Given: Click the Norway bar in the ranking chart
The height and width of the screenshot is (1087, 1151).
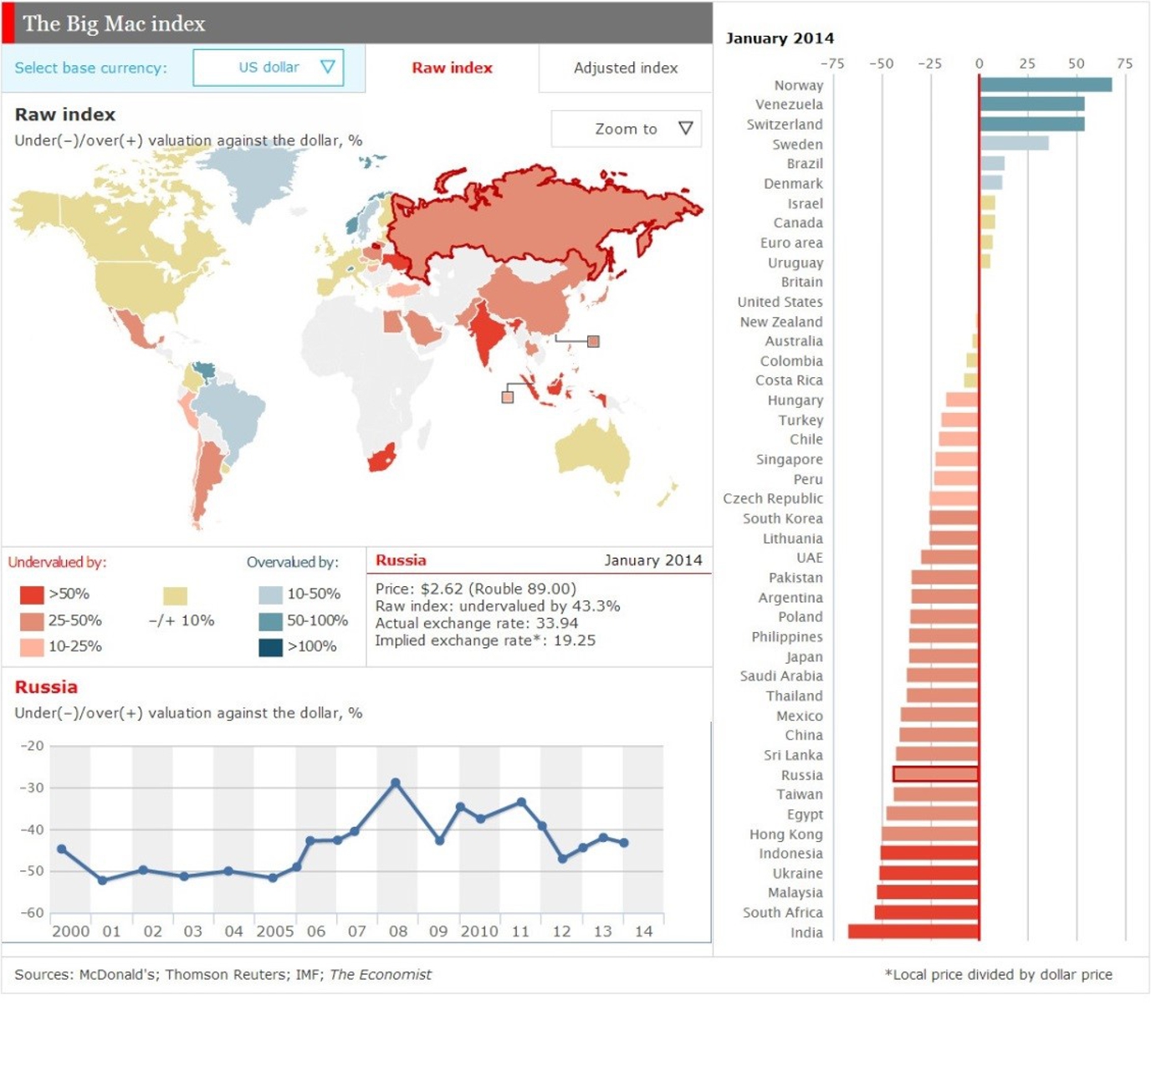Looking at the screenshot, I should (x=1046, y=84).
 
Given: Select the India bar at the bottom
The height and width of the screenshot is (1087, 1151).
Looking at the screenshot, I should (x=913, y=931).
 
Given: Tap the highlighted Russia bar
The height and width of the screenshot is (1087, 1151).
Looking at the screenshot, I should (x=935, y=774).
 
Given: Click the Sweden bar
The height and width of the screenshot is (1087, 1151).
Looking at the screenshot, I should (x=1014, y=144).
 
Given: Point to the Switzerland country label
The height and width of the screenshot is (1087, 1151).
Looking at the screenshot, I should (x=784, y=125).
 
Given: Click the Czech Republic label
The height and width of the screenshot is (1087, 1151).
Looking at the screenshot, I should (x=772, y=498).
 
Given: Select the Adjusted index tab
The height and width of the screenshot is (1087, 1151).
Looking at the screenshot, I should (x=625, y=68).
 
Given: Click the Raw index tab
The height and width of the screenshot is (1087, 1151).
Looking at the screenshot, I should (x=452, y=68).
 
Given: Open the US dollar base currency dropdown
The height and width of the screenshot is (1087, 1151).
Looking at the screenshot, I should (x=269, y=68).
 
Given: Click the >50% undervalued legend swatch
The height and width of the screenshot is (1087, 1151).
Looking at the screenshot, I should (x=32, y=595).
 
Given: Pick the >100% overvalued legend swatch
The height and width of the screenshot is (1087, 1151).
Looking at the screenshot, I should (x=270, y=647).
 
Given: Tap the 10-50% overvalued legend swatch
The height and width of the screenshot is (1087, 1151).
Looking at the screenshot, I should (x=270, y=595).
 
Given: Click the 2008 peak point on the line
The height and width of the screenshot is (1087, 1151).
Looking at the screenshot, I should (x=396, y=783).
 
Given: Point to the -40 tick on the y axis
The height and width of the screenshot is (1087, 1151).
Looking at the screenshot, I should (x=32, y=829).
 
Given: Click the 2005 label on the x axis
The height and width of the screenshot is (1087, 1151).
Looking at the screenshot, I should (x=274, y=931).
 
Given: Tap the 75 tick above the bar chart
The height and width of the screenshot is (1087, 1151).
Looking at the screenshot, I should (x=1124, y=64).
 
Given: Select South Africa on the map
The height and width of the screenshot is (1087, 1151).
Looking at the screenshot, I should (x=381, y=458).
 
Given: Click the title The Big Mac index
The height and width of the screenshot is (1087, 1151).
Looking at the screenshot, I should (x=114, y=23).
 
